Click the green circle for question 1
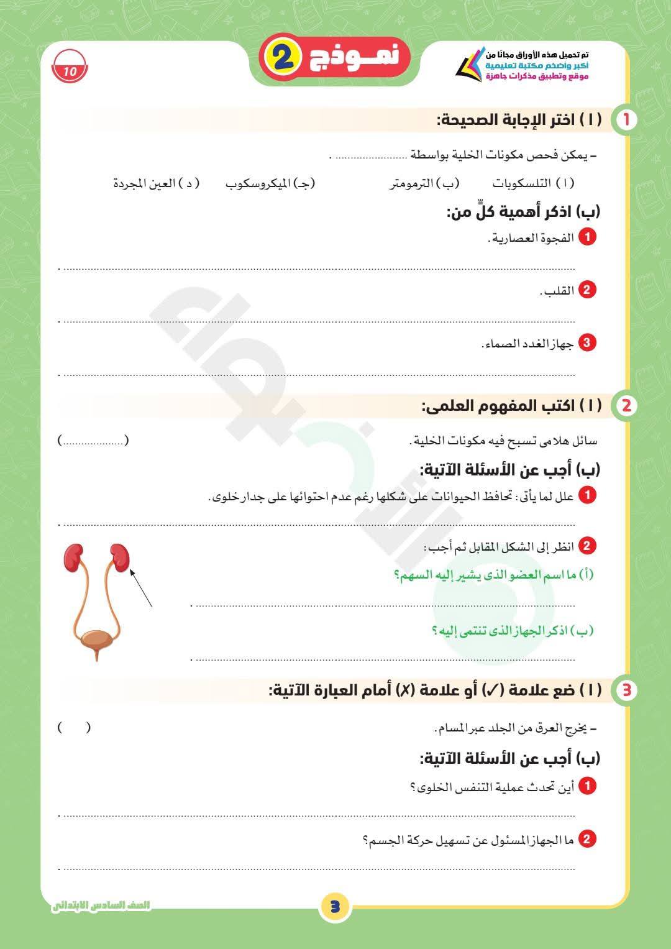626,120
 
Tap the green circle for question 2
626,406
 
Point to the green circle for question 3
626,690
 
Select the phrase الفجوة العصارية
533,238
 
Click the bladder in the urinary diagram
96,640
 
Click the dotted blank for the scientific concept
93,441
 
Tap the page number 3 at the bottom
335,906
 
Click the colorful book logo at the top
470,65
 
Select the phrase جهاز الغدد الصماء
529,344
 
